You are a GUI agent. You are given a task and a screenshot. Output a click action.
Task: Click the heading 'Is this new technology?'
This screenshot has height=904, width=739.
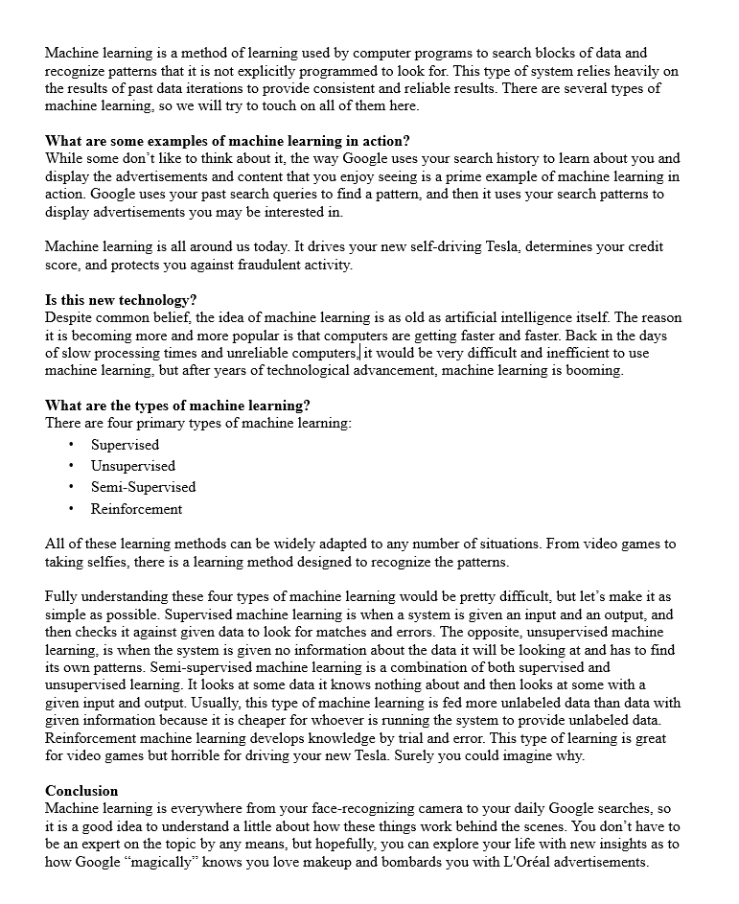(121, 300)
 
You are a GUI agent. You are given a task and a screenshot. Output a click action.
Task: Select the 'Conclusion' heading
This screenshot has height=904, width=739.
(81, 791)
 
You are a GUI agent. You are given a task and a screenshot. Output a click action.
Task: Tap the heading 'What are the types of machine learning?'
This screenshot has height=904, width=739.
(177, 406)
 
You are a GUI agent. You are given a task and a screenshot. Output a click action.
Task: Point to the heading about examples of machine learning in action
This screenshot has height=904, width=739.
(227, 141)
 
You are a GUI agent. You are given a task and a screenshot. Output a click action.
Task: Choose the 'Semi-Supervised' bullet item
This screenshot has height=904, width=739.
(143, 487)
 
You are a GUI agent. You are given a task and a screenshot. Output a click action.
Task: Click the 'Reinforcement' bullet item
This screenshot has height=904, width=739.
(136, 509)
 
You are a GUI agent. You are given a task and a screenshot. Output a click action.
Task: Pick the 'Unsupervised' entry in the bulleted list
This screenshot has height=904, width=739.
(133, 466)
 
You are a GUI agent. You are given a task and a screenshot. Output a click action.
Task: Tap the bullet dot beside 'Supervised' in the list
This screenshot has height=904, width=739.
(72, 445)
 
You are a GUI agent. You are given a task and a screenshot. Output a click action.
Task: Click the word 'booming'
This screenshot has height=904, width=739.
(594, 370)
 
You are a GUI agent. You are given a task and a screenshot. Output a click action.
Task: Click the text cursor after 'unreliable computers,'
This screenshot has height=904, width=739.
(360, 353)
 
